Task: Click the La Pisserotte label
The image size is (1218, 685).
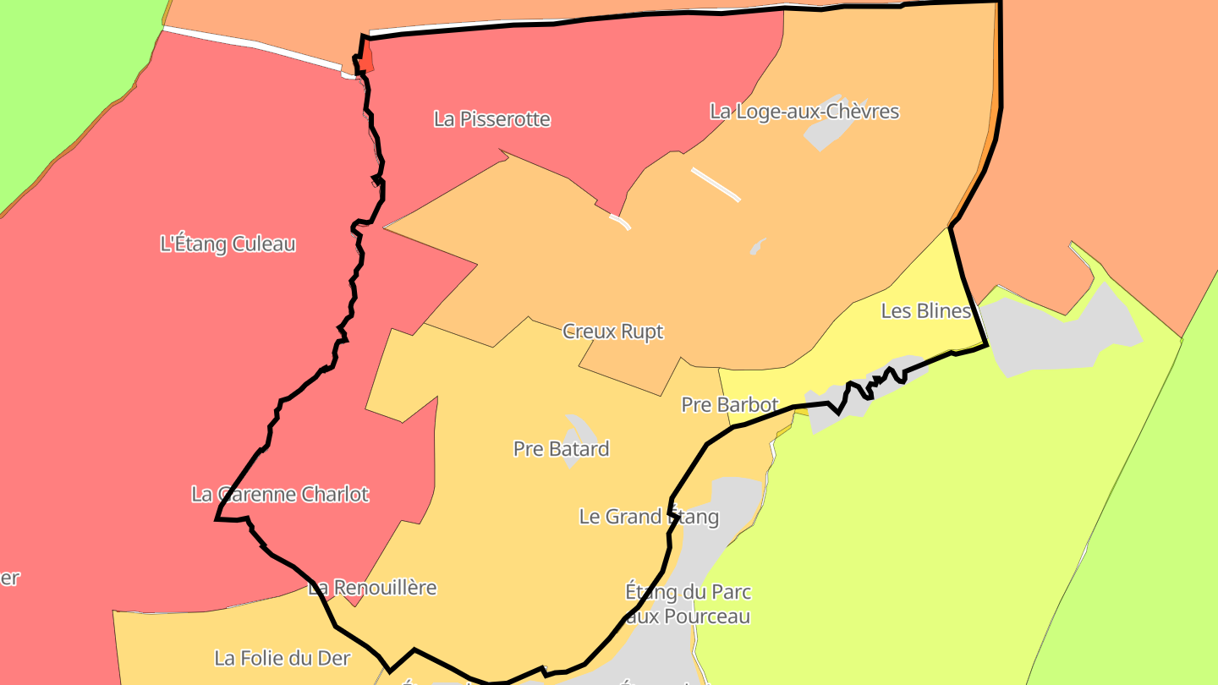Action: pos(491,119)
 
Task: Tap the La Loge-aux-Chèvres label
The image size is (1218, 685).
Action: pos(804,111)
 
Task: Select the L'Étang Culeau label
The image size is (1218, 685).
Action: pos(228,244)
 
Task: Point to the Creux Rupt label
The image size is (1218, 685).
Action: pos(612,332)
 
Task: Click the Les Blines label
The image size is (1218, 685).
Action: pos(925,310)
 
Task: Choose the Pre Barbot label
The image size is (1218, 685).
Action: pos(729,404)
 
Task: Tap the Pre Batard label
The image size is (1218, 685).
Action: pos(561,448)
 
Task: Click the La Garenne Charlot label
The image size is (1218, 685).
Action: pos(280,494)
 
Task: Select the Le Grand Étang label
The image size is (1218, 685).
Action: pos(649,516)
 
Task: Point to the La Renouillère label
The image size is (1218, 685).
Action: pos(372,587)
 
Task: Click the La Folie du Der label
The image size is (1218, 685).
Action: pos(282,657)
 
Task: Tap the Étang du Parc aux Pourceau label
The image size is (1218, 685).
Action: pos(688,603)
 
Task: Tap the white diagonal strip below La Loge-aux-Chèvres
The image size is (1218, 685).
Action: pos(716,184)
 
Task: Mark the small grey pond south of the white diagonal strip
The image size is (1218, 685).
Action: pos(757,246)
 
